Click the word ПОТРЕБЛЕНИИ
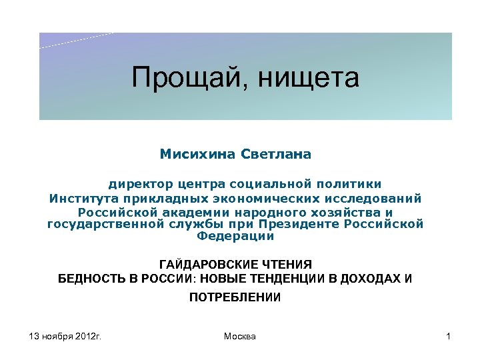tap(235, 297)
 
